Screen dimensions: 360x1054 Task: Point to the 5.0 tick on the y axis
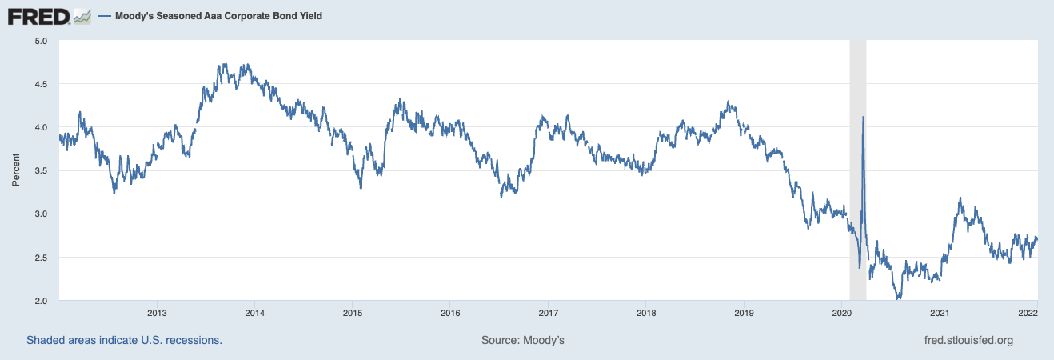(x=42, y=41)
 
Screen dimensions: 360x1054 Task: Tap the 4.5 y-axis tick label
(x=42, y=84)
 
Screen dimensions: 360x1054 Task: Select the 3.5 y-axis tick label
(x=42, y=170)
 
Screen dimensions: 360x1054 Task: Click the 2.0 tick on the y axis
(x=42, y=301)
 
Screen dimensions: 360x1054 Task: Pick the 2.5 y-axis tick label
(x=42, y=258)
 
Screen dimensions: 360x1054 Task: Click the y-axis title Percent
(x=16, y=170)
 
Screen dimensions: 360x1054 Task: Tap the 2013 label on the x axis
(x=157, y=312)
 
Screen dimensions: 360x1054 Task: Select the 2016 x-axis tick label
(x=450, y=312)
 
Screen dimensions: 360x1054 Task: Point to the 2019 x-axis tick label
(x=744, y=312)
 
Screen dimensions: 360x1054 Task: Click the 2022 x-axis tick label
(x=1028, y=312)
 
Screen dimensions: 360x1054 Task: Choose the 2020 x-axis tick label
(x=842, y=312)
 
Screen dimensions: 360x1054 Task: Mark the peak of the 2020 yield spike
(x=863, y=118)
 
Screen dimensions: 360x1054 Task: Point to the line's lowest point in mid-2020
(x=899, y=299)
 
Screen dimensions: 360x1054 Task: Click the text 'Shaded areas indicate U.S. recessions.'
(x=124, y=340)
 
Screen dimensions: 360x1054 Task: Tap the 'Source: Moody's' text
(x=523, y=340)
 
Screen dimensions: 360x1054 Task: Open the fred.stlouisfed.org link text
(x=968, y=340)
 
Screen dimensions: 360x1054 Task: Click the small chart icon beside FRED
(x=82, y=15)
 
